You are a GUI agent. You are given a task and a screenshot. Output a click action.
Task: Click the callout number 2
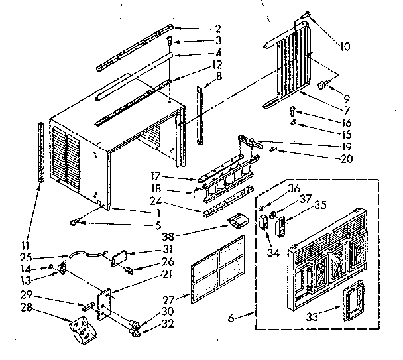217,29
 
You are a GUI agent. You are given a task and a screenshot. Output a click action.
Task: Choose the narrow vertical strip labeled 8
199,114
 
